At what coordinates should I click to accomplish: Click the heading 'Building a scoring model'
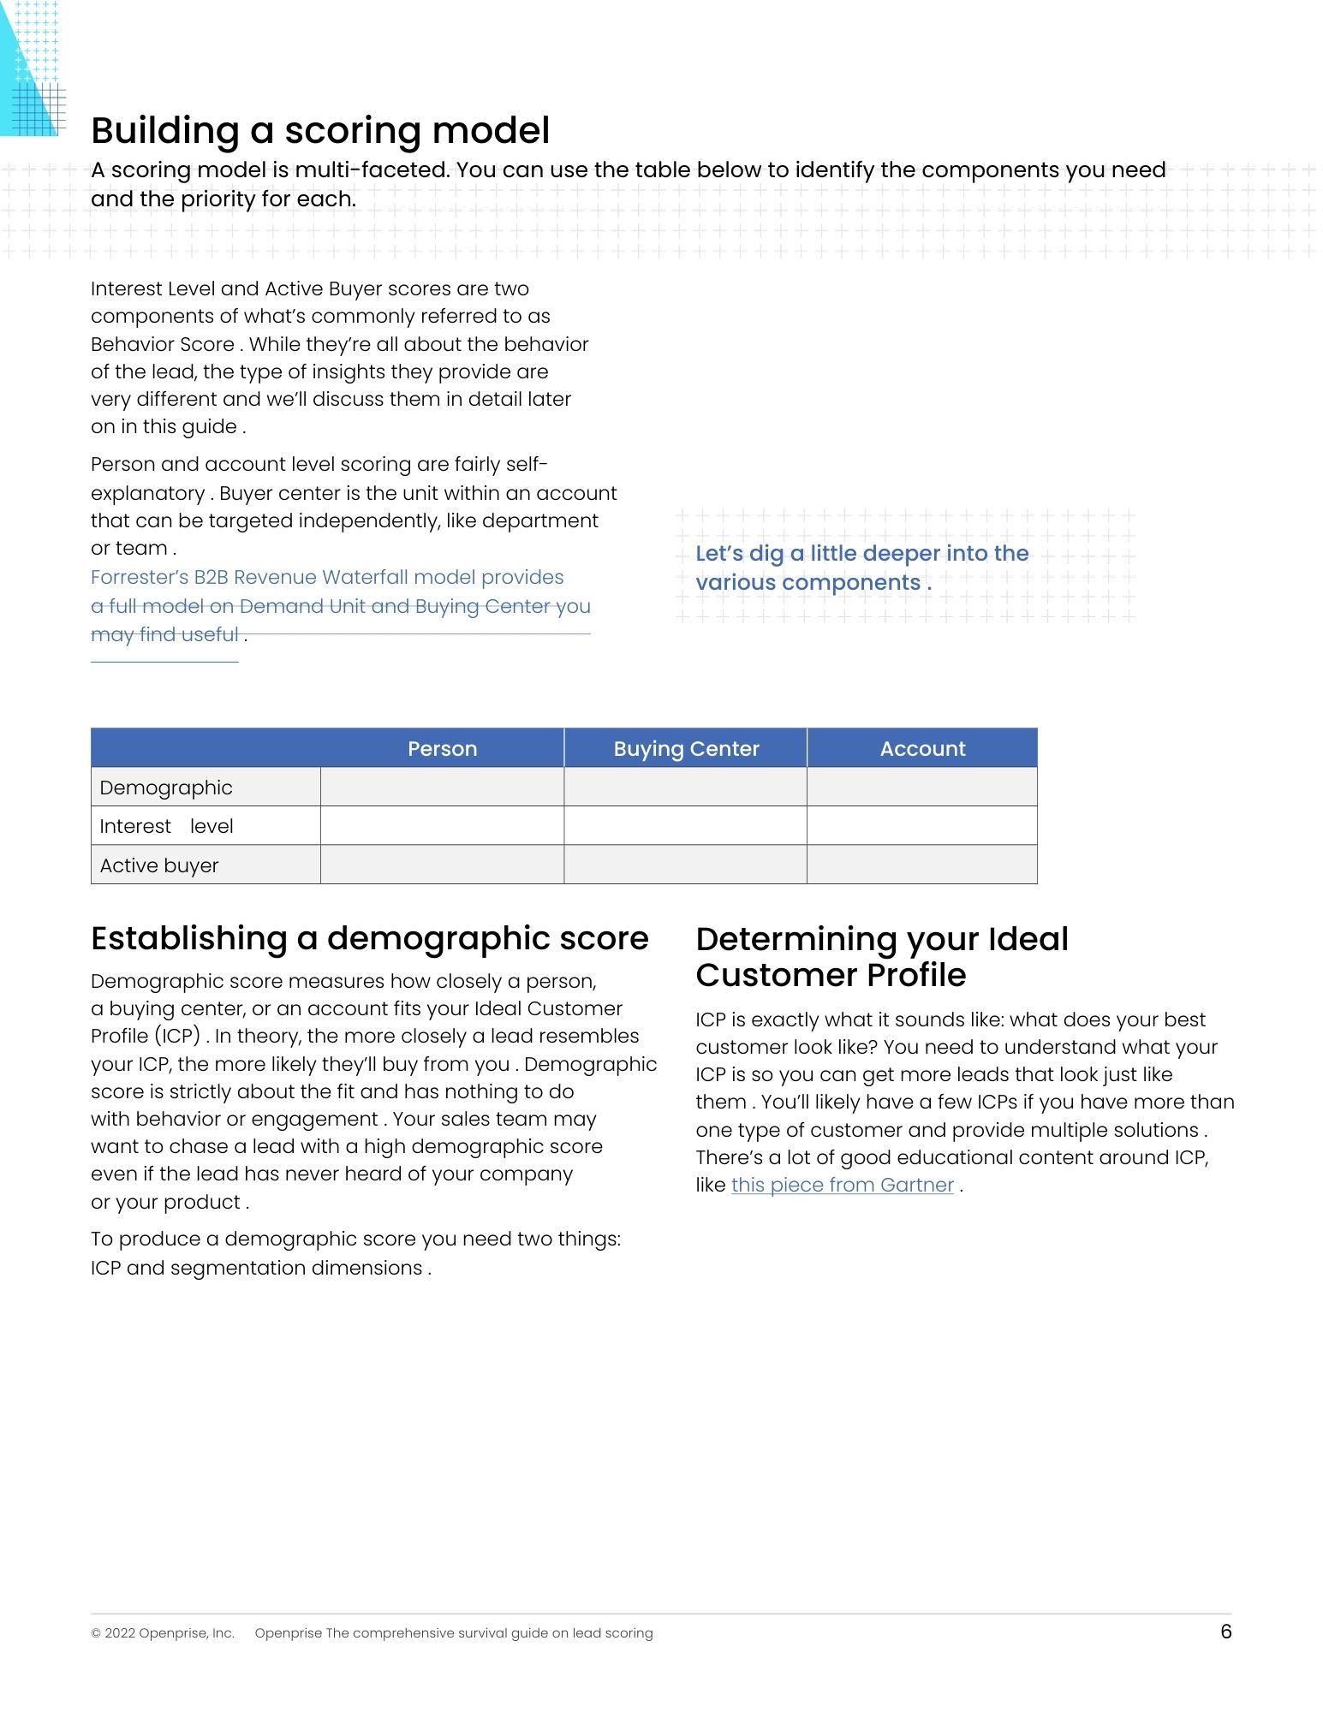(320, 131)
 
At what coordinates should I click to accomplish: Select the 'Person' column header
(442, 748)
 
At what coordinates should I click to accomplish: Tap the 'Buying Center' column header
(686, 748)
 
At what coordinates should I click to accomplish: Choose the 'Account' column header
(922, 748)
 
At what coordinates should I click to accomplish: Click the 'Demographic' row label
(166, 788)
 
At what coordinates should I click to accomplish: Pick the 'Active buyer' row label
(159, 865)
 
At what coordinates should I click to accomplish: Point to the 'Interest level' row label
(166, 826)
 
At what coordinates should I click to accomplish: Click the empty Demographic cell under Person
(442, 788)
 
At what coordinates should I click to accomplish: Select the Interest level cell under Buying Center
(686, 826)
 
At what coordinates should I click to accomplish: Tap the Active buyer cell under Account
(922, 865)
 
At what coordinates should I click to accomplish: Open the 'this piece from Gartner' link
(842, 1186)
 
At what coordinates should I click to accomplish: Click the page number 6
(1225, 1632)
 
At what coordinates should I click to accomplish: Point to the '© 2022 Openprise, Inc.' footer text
(163, 1633)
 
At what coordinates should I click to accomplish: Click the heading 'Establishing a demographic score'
(369, 939)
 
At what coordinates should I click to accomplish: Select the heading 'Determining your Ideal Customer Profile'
(881, 957)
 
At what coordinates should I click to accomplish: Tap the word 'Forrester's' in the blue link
(139, 578)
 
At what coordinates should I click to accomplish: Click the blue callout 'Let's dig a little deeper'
(861, 568)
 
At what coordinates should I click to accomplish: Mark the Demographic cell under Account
(922, 788)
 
